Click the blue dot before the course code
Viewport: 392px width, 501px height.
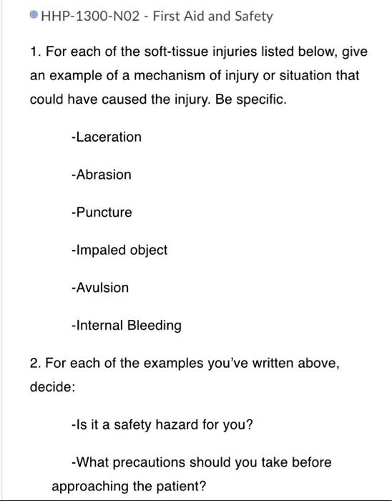(34, 16)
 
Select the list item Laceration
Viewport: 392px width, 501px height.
(107, 137)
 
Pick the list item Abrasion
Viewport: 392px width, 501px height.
(102, 175)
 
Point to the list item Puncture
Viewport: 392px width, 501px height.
(102, 213)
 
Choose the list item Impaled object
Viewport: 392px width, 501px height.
(119, 250)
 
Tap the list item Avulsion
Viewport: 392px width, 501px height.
(100, 288)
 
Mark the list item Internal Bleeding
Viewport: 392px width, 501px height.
(127, 326)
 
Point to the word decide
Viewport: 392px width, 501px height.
(52, 387)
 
